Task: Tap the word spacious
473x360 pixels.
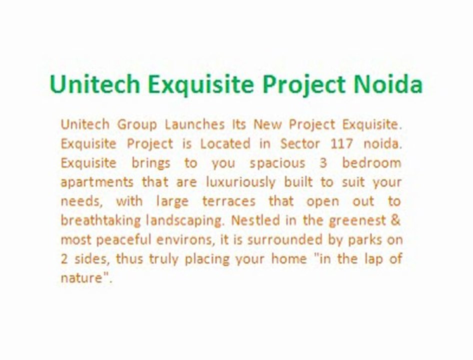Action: click(x=277, y=163)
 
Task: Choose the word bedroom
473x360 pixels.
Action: click(x=371, y=163)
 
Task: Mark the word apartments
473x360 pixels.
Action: click(x=97, y=182)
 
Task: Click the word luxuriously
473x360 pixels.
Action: click(x=240, y=182)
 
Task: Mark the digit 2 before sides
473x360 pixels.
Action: click(x=64, y=259)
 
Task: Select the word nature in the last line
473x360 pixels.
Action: click(x=80, y=278)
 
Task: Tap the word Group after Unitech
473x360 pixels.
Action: click(x=136, y=124)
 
